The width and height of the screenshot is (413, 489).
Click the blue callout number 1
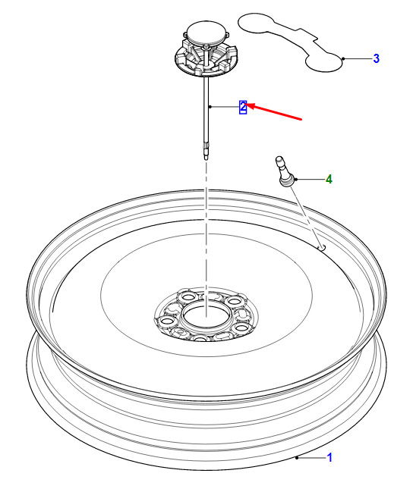coord(329,457)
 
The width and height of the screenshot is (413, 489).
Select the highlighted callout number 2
coord(243,108)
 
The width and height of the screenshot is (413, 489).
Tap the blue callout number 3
coord(376,58)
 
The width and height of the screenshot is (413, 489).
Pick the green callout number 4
coord(329,180)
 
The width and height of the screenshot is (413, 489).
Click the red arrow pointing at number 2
coord(274,111)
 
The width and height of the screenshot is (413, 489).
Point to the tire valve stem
coord(285,172)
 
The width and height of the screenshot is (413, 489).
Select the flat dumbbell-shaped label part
coord(291,42)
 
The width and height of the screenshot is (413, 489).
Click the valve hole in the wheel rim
coord(321,247)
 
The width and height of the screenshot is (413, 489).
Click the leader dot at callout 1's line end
coord(297,457)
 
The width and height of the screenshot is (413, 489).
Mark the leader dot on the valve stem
coord(296,180)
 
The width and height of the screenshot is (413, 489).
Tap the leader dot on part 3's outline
coord(343,58)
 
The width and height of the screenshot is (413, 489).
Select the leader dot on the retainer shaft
coord(210,107)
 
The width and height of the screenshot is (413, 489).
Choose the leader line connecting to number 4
coord(311,180)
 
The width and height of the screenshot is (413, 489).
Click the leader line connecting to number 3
coord(358,58)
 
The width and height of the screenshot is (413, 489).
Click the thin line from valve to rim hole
coord(305,216)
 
